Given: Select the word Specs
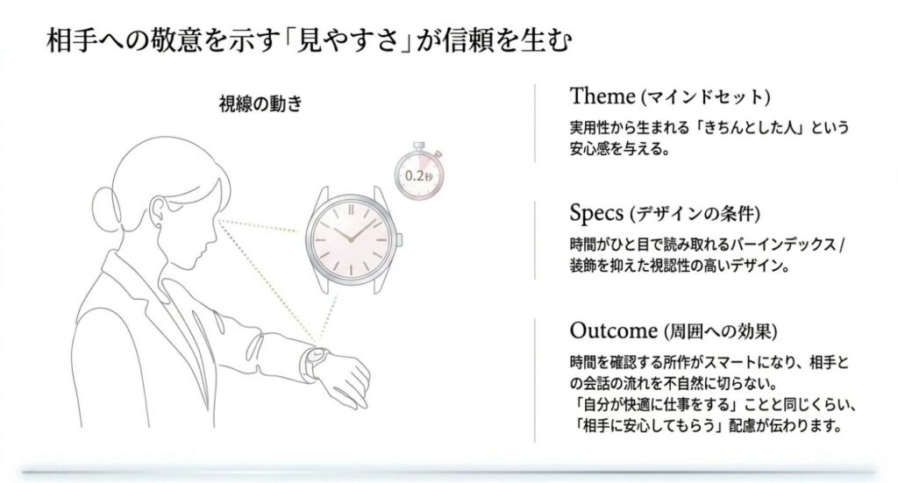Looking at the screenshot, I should (596, 213).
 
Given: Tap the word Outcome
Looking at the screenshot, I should (613, 331).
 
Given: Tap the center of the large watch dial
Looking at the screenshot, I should (351, 238).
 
